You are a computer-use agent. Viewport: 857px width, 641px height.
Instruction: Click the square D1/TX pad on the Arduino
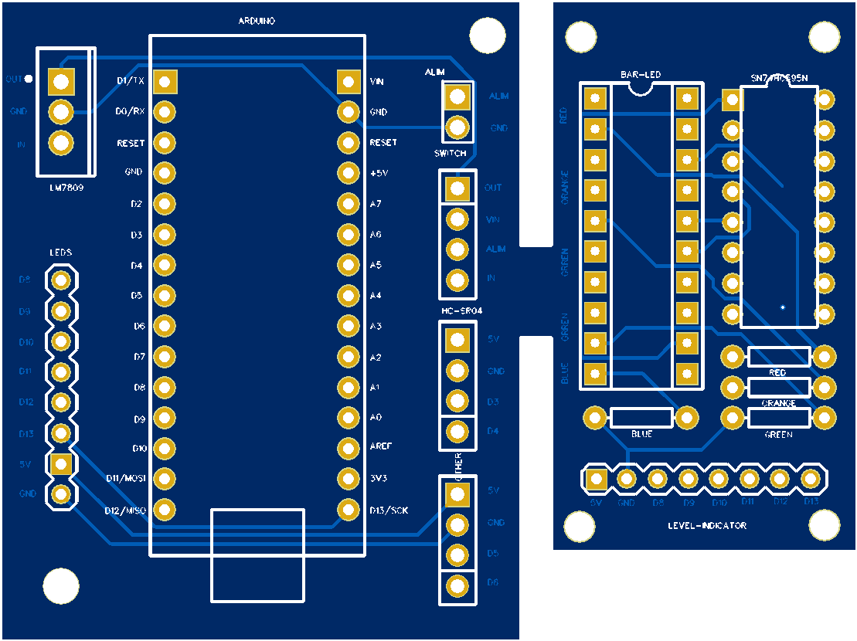[x=164, y=81]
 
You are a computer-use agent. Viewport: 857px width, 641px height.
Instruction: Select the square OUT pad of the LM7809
[x=61, y=81]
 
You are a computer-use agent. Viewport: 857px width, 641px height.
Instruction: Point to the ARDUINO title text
[x=256, y=22]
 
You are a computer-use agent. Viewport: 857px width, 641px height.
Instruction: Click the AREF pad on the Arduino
[x=349, y=448]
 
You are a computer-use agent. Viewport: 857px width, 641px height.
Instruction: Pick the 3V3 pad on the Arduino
[x=349, y=478]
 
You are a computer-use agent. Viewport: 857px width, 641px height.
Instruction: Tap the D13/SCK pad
[x=349, y=509]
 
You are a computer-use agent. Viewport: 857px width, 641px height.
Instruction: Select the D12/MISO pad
[x=164, y=509]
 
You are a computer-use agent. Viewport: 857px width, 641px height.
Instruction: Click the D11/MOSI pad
[x=164, y=478]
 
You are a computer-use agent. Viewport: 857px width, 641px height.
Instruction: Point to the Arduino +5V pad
[x=349, y=173]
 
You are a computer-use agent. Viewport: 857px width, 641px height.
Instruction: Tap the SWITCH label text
[x=450, y=154]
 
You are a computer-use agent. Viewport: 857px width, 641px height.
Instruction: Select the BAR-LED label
[x=641, y=75]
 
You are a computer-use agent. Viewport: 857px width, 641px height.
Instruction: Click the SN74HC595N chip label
[x=778, y=78]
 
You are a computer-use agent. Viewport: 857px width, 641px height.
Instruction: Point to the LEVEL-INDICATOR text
[x=707, y=526]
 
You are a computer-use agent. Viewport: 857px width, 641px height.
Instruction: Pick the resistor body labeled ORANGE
[x=778, y=387]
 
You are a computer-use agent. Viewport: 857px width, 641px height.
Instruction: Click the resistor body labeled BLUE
[x=641, y=418]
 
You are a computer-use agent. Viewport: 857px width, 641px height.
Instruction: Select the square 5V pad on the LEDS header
[x=61, y=463]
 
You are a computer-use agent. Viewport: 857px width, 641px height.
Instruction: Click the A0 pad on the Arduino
[x=349, y=418]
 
